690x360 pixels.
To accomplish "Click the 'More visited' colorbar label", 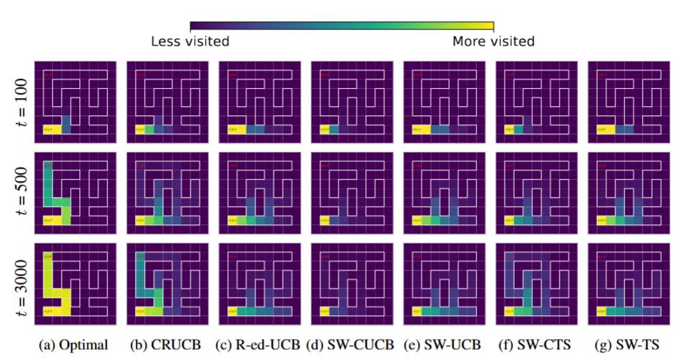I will click(493, 41).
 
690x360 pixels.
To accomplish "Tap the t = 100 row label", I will click(21, 102).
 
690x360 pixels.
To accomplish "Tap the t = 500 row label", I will click(21, 193).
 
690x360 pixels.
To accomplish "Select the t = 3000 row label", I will click(21, 284).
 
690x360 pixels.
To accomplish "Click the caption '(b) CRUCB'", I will click(167, 345).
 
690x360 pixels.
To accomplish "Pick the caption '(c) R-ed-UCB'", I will click(259, 345).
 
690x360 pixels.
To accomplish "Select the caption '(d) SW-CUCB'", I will click(351, 345).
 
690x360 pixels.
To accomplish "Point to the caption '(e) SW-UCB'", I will click(443, 345).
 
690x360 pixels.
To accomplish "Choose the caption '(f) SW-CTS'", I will click(536, 345).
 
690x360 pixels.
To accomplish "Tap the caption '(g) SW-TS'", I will click(628, 345).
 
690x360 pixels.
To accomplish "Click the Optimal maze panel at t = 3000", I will click(75, 284).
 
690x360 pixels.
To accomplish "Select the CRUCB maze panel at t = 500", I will click(167, 193).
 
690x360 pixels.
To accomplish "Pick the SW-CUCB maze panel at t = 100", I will click(351, 102).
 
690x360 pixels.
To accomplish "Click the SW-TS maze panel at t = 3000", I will click(628, 284).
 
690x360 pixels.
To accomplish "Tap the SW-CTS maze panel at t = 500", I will click(536, 193).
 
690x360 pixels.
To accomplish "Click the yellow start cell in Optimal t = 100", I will click(51, 130).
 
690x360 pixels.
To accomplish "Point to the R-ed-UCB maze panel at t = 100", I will click(259, 102).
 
